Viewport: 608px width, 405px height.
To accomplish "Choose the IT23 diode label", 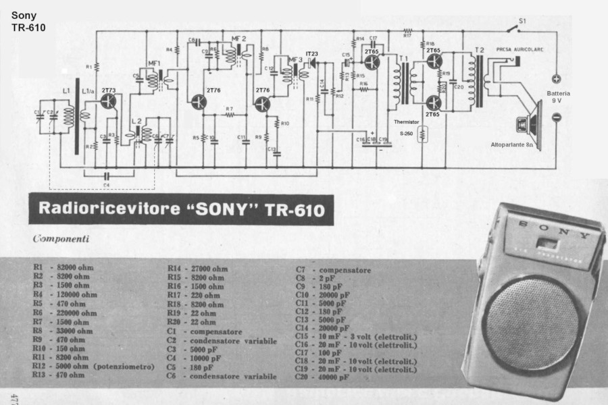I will click(x=311, y=53).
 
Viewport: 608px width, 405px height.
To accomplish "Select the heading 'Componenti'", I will click(x=61, y=238).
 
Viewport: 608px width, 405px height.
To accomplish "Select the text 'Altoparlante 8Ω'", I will click(x=514, y=144).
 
